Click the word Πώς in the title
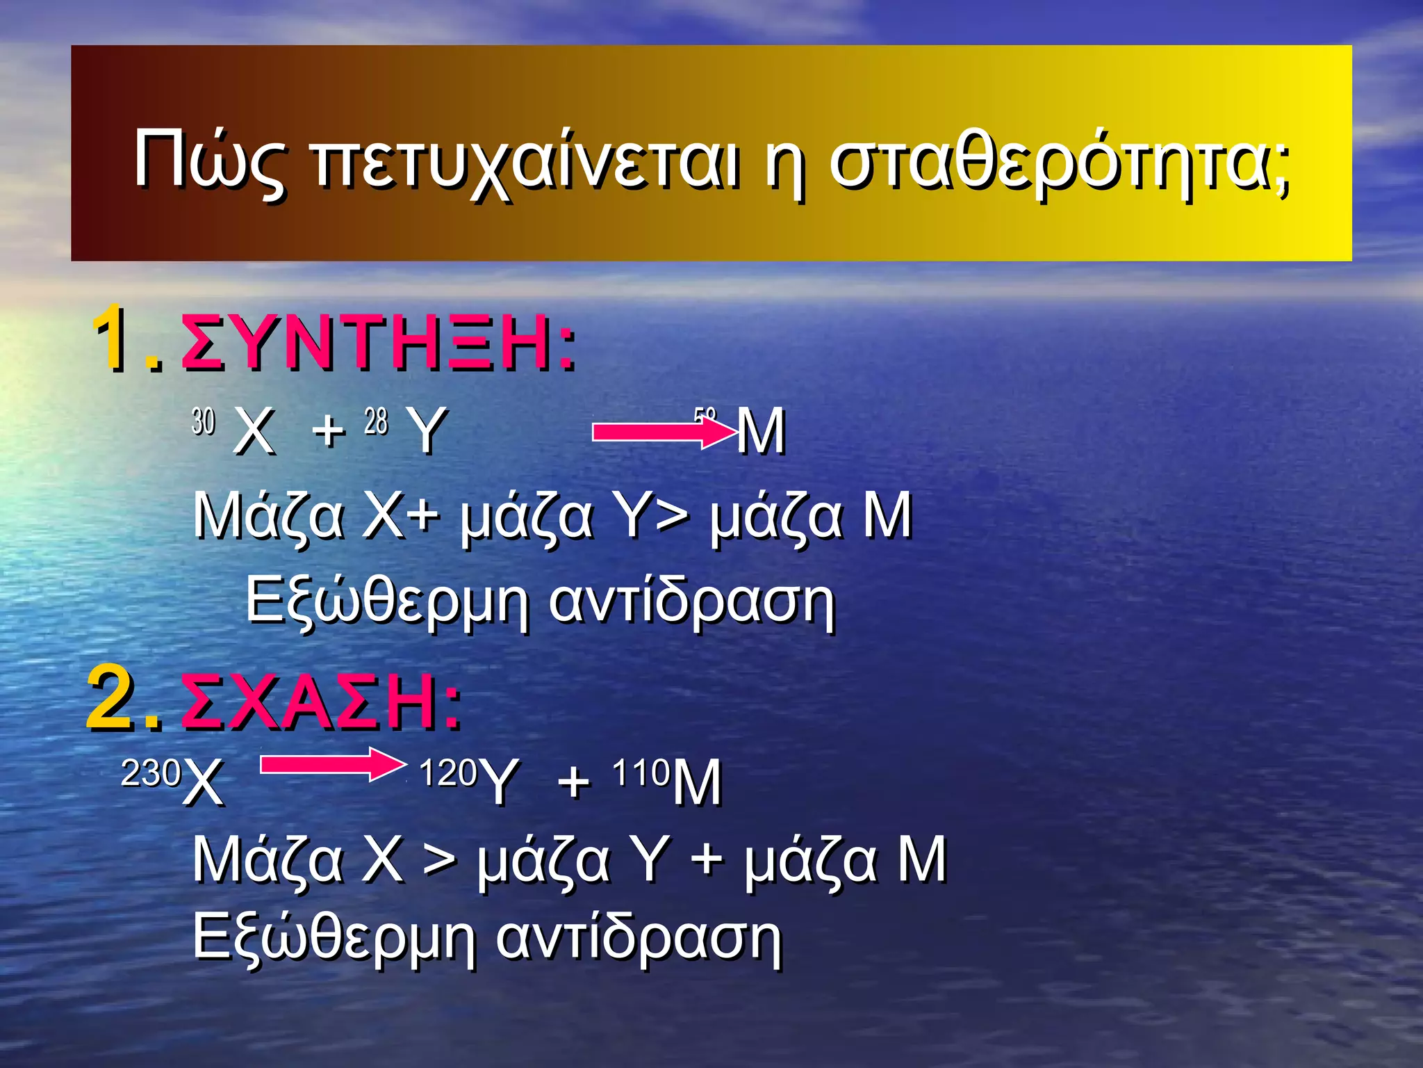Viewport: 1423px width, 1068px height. click(x=208, y=161)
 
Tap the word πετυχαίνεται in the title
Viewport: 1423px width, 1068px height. click(x=526, y=164)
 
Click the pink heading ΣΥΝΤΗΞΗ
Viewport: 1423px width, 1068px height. click(x=378, y=342)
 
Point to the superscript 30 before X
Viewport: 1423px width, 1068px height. click(x=204, y=421)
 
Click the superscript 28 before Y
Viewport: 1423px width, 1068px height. click(x=376, y=421)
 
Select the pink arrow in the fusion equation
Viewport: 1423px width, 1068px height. click(x=663, y=432)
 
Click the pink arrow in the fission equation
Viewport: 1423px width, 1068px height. click(x=332, y=765)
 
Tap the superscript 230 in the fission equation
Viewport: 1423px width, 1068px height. click(x=151, y=772)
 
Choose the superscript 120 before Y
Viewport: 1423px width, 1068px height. click(x=448, y=772)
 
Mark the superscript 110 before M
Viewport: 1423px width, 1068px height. click(x=641, y=772)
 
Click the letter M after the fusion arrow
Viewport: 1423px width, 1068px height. click(x=761, y=431)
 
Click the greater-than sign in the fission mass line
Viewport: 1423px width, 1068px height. click(x=441, y=860)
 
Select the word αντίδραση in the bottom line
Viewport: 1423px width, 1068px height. click(x=639, y=937)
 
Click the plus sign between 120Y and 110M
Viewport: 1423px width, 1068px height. click(x=574, y=782)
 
